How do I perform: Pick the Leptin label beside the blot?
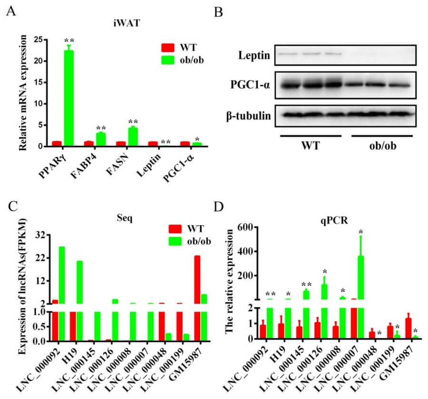[254, 56]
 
